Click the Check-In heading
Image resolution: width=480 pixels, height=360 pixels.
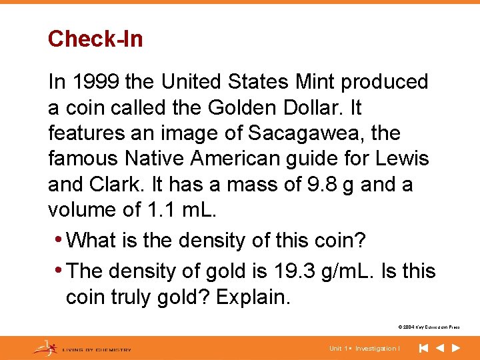tap(95, 39)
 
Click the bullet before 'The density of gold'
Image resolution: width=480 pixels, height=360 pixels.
tap(61, 271)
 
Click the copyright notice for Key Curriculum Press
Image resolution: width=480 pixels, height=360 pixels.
tap(429, 327)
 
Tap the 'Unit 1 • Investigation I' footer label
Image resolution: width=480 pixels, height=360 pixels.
tap(365, 349)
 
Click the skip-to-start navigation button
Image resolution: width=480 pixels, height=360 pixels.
tap(423, 348)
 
